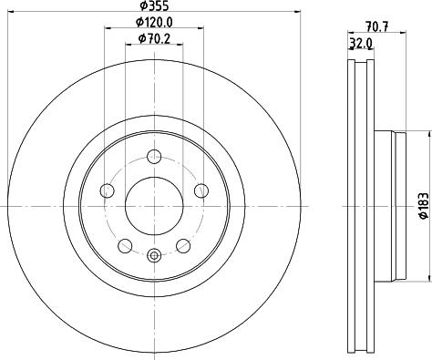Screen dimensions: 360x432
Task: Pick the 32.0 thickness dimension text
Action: [359, 42]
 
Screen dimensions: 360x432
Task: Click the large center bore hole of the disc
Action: [152, 198]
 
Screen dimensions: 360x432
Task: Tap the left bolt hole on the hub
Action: [107, 190]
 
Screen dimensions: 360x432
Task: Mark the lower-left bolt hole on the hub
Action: [124, 244]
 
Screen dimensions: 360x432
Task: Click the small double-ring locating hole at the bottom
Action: [152, 255]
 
